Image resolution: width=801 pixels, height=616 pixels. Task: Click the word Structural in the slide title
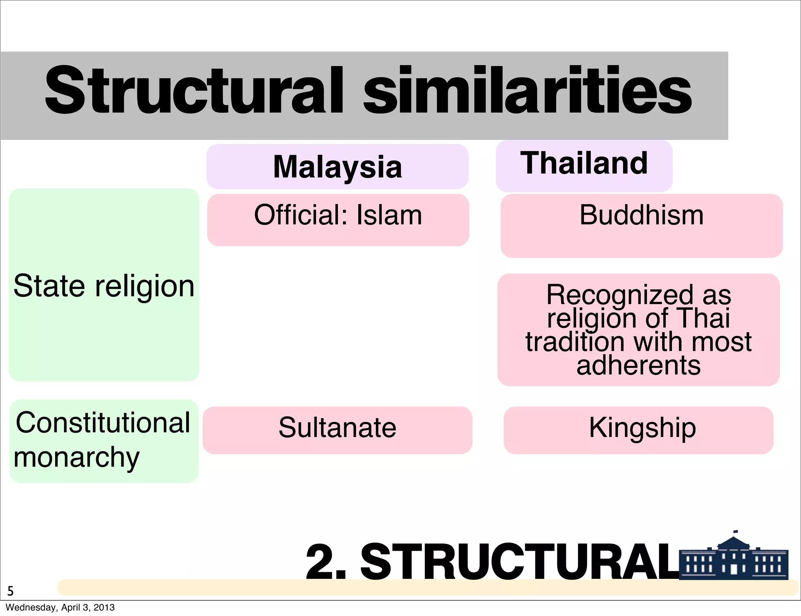(194, 91)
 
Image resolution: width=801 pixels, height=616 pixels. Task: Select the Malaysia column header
(337, 167)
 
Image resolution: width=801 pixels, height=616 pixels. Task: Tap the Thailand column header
(584, 163)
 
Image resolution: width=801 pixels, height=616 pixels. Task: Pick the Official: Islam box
(338, 220)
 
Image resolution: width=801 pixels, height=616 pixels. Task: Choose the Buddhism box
(641, 225)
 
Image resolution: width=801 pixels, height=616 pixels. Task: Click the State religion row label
(104, 286)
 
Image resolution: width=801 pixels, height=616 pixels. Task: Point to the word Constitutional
(103, 423)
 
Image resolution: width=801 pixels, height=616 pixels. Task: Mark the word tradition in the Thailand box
(575, 342)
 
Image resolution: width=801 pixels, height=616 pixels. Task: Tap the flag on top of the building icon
(736, 532)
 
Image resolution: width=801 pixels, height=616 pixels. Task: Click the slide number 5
(11, 591)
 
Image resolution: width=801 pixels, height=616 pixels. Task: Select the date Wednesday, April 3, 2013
(60, 607)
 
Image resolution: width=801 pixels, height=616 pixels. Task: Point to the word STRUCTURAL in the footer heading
(520, 562)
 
